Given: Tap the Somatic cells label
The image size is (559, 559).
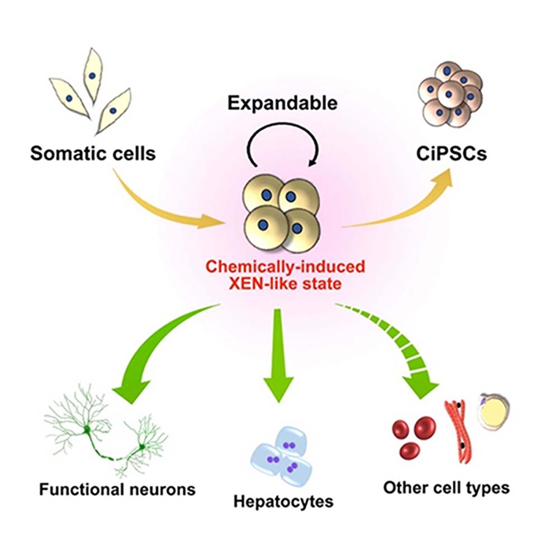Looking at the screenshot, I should (93, 153).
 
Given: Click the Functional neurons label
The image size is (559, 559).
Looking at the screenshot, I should (117, 490).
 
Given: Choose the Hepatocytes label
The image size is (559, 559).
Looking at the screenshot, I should (284, 500).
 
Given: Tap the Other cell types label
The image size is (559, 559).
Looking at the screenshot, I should (446, 487).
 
